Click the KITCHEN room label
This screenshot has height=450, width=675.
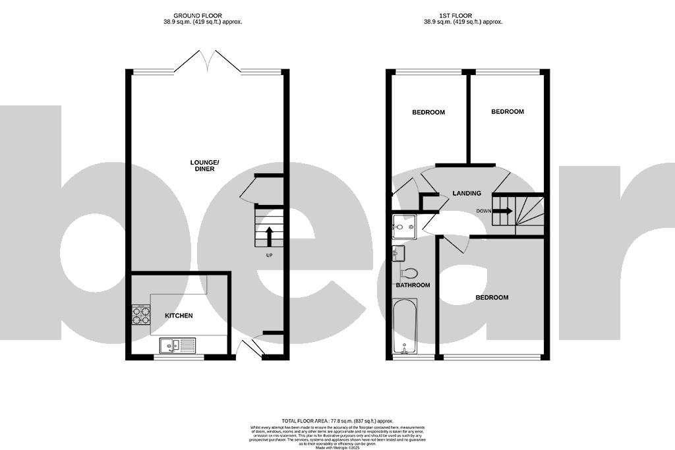pos(179,316)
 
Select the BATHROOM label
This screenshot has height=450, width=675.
pos(413,285)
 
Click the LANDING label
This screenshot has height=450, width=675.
pos(466,193)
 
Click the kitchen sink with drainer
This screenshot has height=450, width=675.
pos(177,345)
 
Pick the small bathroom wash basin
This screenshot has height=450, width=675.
pos(398,253)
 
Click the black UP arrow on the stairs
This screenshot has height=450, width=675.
pos(269,237)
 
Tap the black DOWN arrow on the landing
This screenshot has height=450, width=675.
pos(502,211)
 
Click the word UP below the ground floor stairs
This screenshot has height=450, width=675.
pos(269,256)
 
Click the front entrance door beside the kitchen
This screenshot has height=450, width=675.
pos(249,347)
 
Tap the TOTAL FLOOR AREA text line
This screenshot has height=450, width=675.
pos(337,420)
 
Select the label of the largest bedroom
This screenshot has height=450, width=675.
pos(492,297)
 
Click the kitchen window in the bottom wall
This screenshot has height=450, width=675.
pos(179,357)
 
